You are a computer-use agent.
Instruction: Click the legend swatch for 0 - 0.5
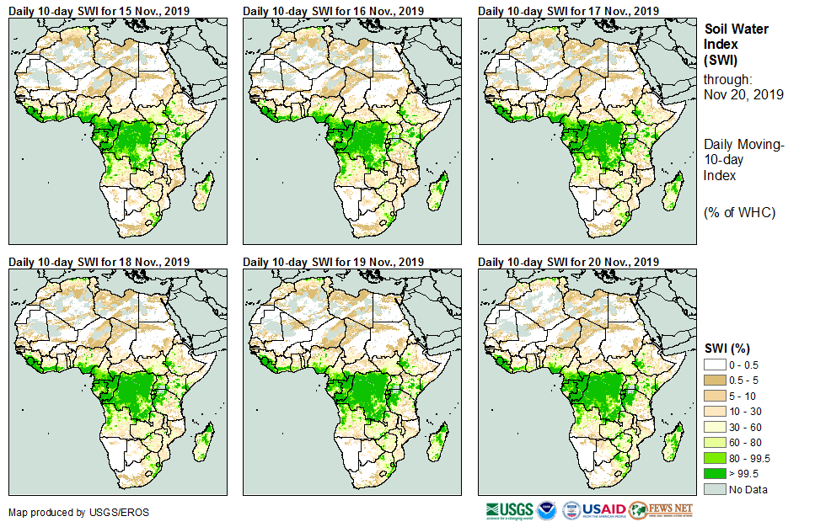point(716,364)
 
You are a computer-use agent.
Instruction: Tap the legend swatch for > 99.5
point(716,473)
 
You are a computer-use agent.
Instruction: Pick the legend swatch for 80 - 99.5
point(716,458)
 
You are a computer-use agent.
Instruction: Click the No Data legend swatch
point(716,489)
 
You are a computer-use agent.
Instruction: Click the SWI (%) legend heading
point(727,348)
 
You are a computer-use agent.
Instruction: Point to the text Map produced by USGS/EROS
point(67,512)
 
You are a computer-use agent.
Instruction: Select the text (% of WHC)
point(739,212)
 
